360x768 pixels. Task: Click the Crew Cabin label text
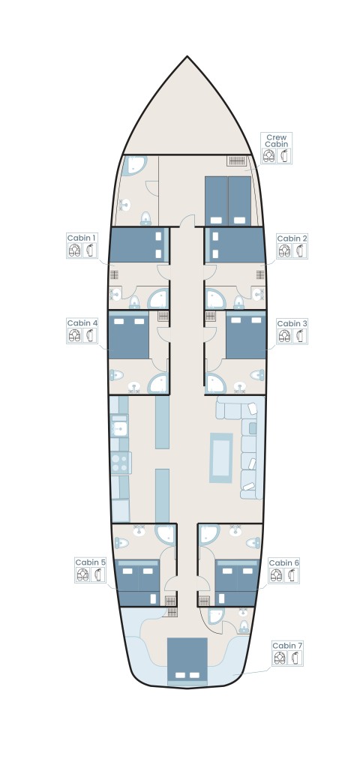coord(277,141)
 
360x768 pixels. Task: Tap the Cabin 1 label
coord(82,238)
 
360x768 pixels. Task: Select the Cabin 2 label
coord(292,238)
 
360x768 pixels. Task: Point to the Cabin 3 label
coord(292,323)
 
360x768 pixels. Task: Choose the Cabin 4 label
coord(82,322)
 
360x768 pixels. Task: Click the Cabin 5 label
coord(90,562)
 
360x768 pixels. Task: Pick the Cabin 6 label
coord(283,562)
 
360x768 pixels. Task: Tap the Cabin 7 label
coord(287,646)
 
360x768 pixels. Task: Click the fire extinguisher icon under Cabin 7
coord(295,658)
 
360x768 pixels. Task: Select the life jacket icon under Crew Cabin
coord(269,156)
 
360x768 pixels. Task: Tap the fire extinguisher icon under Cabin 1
coord(90,250)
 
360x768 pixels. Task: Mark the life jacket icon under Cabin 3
coord(284,336)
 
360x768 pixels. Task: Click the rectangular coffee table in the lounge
coord(221,458)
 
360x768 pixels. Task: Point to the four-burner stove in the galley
coord(121,462)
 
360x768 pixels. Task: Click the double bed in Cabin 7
coord(187,660)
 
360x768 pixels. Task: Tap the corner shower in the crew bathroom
coord(133,165)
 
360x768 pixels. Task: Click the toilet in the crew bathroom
coord(146,218)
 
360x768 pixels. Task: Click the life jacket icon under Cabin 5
coord(82,574)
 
